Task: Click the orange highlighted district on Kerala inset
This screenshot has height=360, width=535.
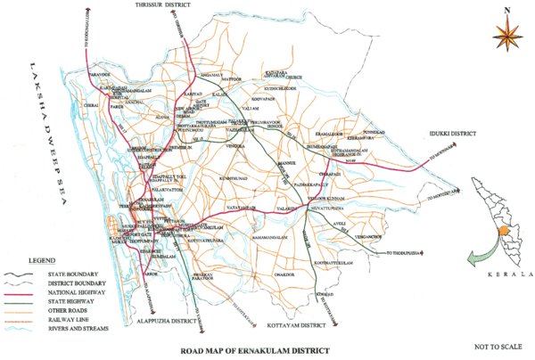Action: pos(501,229)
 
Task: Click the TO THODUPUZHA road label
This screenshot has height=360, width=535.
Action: pos(407,253)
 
